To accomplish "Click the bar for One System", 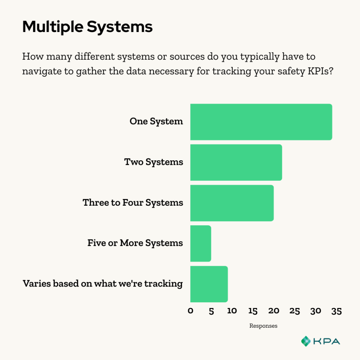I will pos(261,122).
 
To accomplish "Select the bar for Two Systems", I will pos(236,162).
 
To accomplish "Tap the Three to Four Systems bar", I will pos(232,203).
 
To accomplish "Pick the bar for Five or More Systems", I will pos(200,243).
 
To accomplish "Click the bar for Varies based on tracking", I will pos(209,284).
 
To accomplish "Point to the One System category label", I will pos(156,122).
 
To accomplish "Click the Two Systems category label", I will pos(154,162).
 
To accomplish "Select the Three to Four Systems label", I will pos(133,203).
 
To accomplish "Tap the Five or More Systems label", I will pos(135,243).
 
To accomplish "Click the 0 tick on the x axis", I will pos(190,311).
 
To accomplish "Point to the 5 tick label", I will pos(211,311).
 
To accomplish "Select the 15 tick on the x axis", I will pos(253,311).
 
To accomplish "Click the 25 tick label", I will pos(295,311).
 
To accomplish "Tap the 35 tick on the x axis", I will pos(336,311).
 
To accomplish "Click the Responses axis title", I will pos(263,326).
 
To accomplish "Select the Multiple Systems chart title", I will pos(87,27).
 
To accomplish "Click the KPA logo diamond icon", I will pos(306,341).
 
